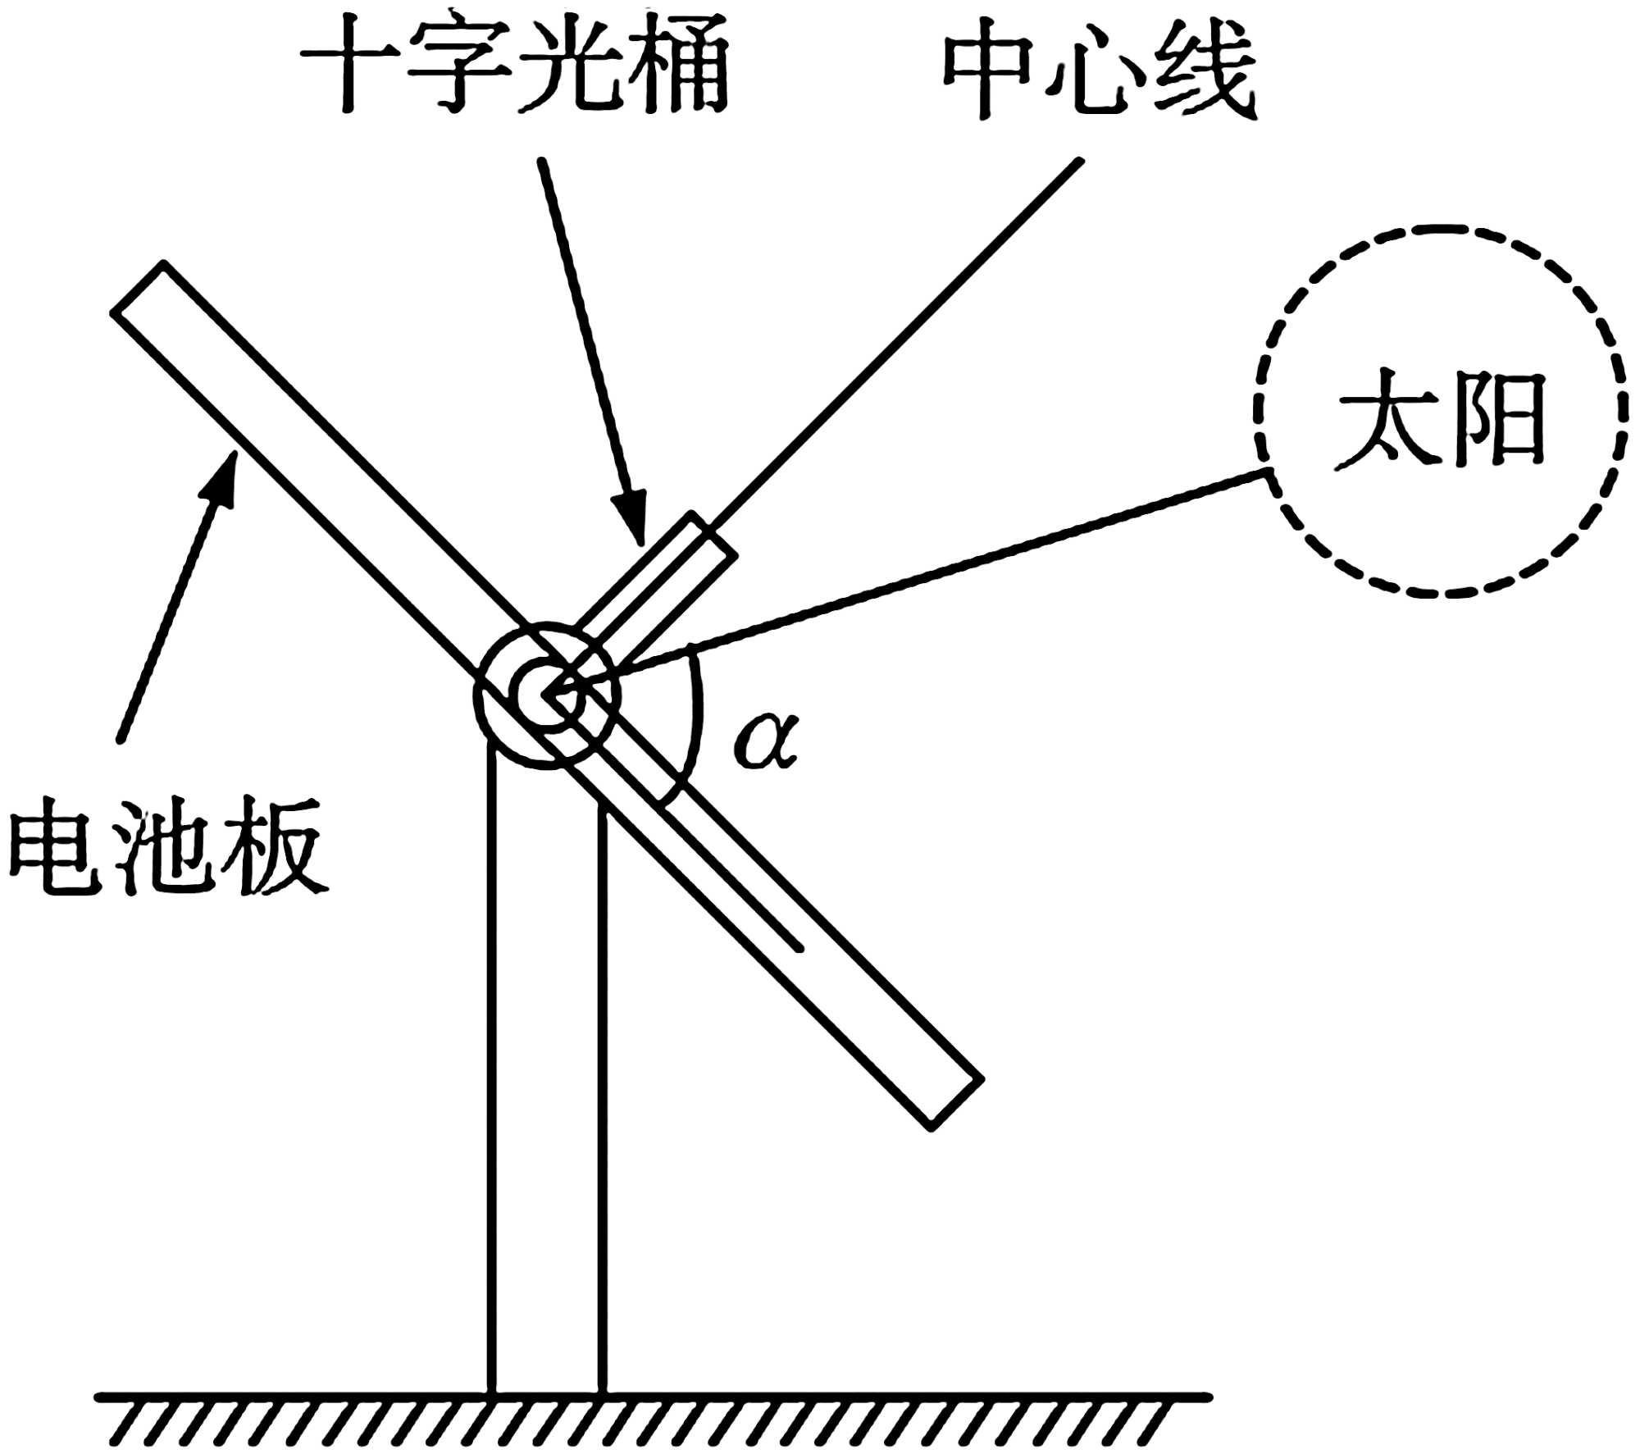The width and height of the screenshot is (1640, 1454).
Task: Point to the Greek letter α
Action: click(765, 741)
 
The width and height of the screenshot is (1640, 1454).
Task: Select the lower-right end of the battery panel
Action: click(955, 1103)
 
